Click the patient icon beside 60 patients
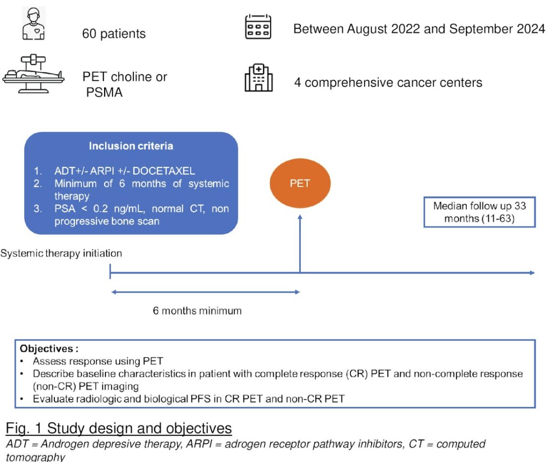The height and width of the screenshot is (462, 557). click(34, 23)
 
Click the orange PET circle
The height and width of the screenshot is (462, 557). click(300, 183)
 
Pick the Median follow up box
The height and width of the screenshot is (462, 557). click(479, 212)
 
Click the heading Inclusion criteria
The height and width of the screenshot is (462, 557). click(131, 146)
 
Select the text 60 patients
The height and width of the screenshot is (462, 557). click(114, 34)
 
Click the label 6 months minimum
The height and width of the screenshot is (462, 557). click(197, 311)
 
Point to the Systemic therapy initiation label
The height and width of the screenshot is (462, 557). click(61, 253)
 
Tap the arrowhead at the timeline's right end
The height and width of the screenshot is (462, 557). click(531, 273)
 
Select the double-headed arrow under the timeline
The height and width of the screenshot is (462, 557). click(205, 292)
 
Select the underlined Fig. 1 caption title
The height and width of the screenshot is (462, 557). click(118, 427)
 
